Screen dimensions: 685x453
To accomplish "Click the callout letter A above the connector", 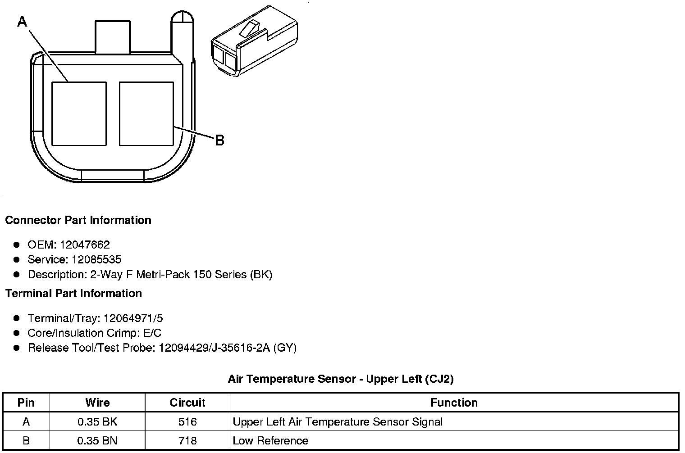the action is point(22,21).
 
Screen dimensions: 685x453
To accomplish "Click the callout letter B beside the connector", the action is point(219,140).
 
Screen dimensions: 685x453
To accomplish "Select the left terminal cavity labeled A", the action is point(79,113).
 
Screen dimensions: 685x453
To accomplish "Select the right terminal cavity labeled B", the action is point(146,113).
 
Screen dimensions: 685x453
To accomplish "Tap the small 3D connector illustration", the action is point(254,40).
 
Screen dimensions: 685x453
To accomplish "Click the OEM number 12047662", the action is point(84,245).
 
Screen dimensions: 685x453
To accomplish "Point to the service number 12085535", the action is point(96,260).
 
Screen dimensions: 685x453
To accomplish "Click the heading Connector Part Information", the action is point(78,220).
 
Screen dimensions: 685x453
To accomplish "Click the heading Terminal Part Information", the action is point(73,294).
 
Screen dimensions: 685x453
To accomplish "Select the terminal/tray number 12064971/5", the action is point(133,319).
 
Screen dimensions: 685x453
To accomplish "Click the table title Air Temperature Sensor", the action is point(340,379).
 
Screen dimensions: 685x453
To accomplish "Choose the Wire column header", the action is point(97,403).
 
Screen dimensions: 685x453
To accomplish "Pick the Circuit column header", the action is point(187,403).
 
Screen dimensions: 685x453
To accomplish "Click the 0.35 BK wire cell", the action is point(97,422).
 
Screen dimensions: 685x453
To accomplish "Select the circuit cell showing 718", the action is point(187,441).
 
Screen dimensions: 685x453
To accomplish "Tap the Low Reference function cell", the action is point(270,441).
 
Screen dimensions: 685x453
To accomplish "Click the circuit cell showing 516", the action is point(187,422).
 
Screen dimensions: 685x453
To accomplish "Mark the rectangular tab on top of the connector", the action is point(113,37).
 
